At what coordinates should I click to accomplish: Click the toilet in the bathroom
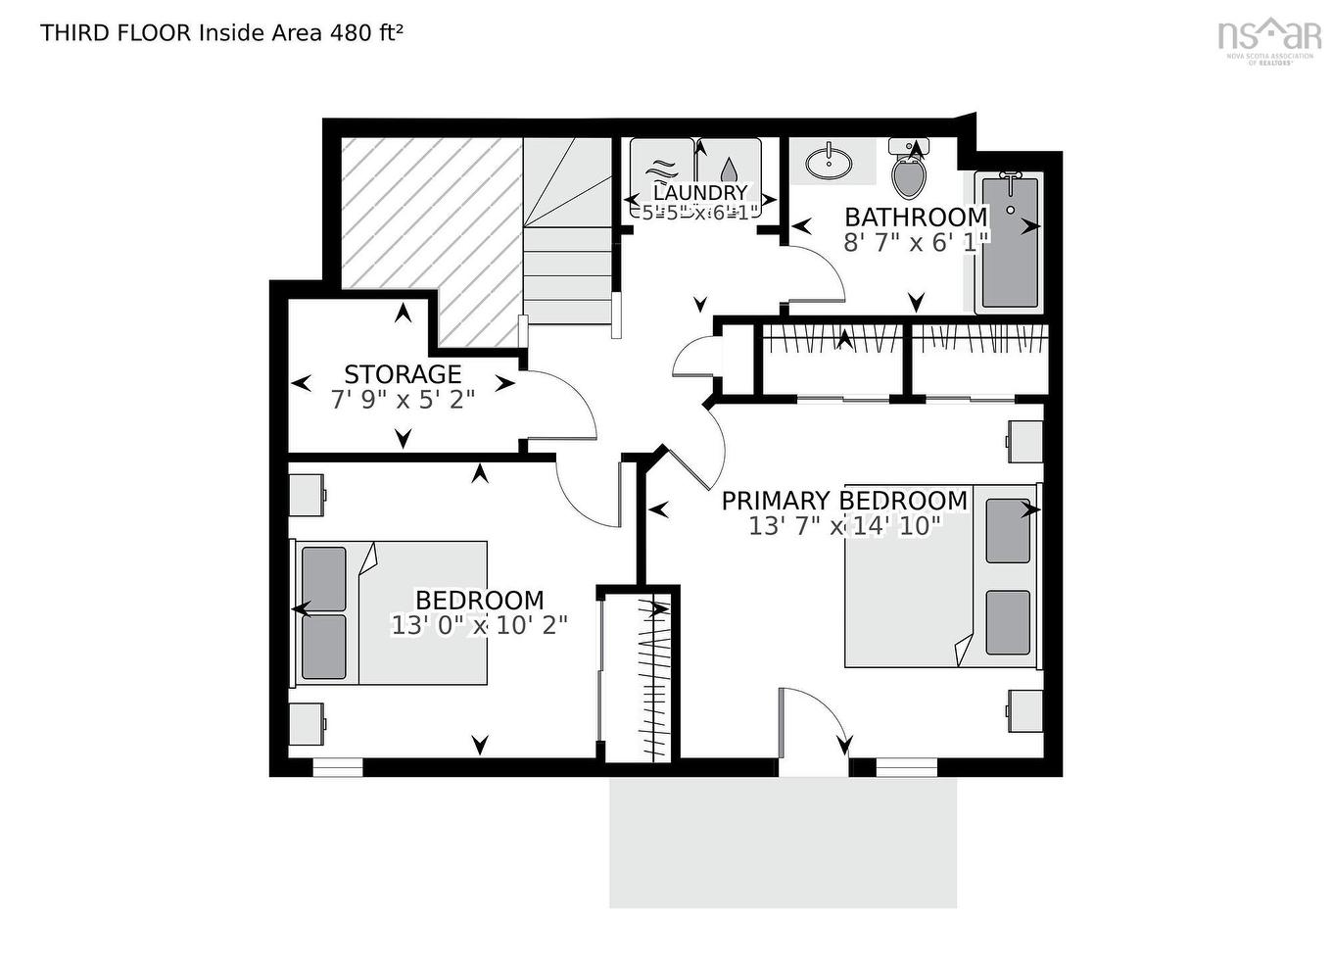tap(909, 174)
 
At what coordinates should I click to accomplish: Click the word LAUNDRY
tap(699, 193)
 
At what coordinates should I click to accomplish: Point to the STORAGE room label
tap(403, 374)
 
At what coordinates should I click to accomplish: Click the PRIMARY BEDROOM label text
tap(844, 501)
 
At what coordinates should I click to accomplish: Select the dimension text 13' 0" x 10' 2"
tap(479, 625)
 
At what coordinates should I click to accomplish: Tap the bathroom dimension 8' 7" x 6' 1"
tap(916, 242)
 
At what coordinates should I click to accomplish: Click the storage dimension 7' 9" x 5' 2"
tap(403, 399)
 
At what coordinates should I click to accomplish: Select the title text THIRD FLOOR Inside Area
tap(181, 32)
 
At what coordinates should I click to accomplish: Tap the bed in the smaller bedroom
tap(392, 612)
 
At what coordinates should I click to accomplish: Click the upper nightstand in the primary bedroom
tap(1024, 441)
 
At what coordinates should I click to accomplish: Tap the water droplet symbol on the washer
tap(730, 170)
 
